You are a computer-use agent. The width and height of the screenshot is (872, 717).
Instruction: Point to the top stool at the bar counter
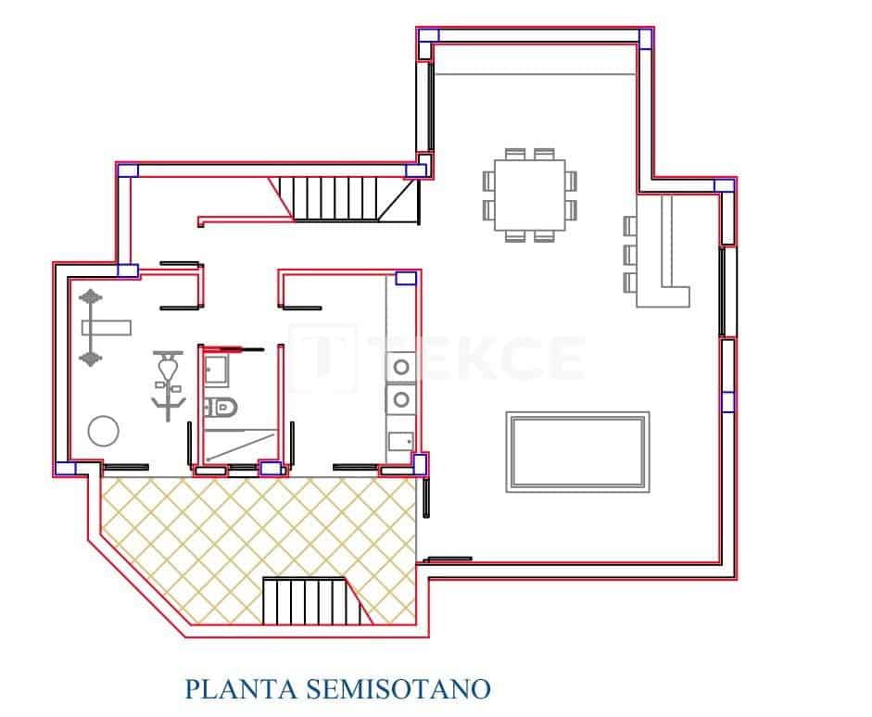pos(631,225)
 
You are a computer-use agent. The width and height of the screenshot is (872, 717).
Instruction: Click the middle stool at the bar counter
pos(631,253)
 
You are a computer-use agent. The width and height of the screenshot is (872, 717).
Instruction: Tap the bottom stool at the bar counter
pos(631,281)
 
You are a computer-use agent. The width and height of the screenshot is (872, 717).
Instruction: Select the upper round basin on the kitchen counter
pos(401,367)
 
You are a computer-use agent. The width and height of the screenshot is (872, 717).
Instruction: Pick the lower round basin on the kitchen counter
pos(401,399)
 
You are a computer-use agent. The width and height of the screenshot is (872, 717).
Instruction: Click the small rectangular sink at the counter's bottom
pos(400,441)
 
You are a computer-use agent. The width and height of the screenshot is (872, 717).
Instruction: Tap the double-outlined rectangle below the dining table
pos(577,451)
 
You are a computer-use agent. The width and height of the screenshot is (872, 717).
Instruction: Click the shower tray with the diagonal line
pos(239,445)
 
